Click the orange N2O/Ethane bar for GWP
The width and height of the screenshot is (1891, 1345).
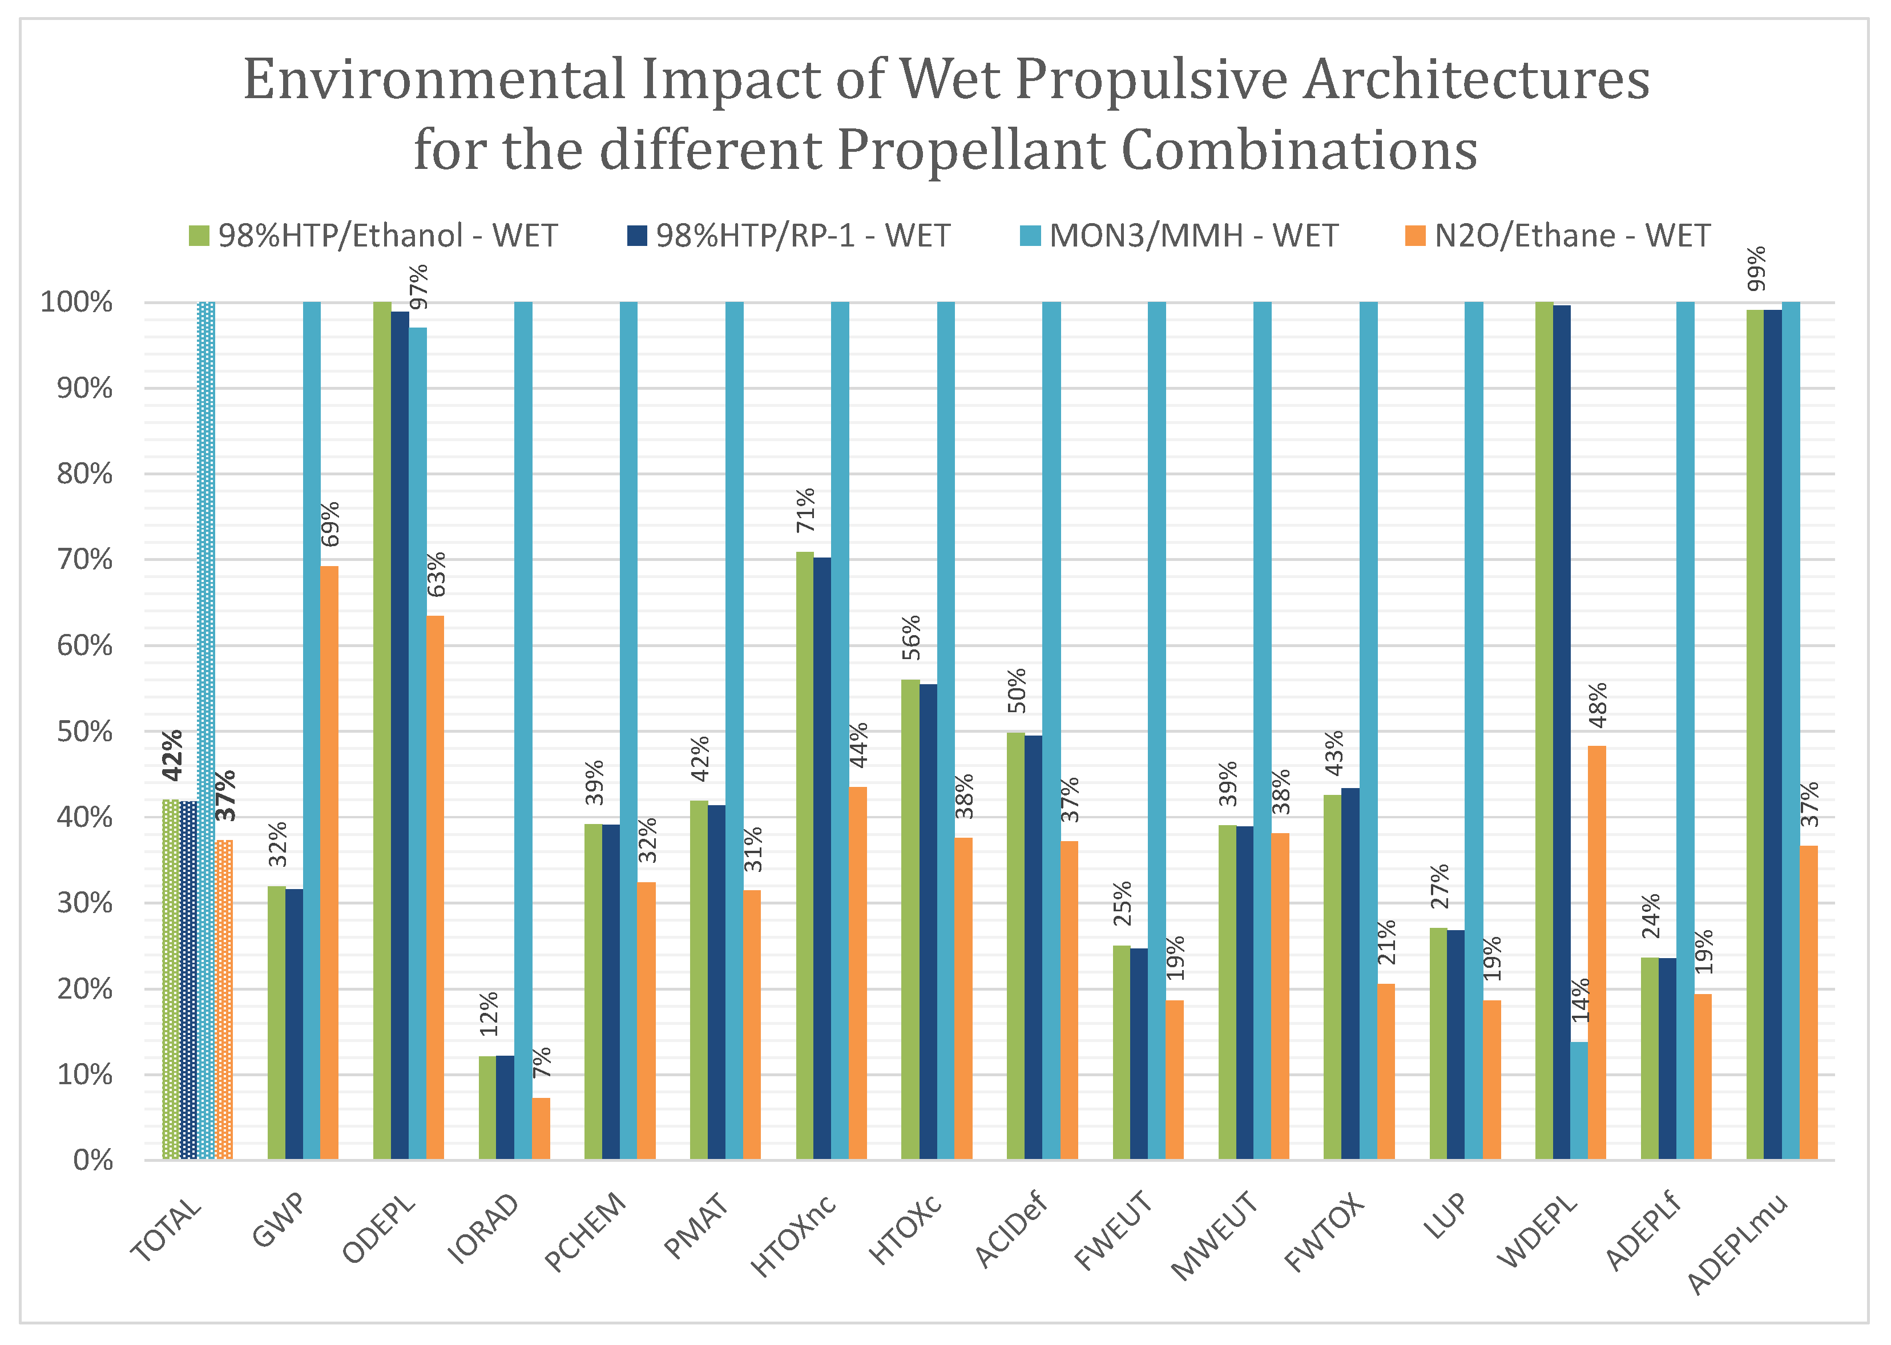tap(329, 861)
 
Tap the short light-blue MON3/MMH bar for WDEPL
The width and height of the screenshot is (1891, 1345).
tap(1579, 1100)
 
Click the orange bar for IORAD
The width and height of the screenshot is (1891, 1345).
tap(540, 1128)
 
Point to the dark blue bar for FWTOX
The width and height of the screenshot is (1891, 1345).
tap(1350, 973)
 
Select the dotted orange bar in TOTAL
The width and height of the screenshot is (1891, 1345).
tap(224, 999)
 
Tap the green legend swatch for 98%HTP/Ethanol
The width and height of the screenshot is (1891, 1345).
tap(199, 236)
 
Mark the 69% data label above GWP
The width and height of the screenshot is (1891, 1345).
tap(330, 524)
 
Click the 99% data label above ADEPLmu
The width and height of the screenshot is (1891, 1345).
tap(1755, 269)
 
